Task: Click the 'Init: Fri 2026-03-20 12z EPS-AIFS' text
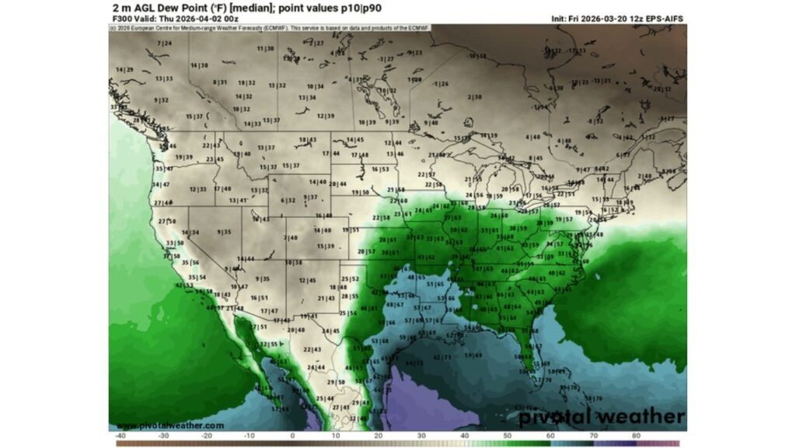618,18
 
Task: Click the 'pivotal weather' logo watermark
602,416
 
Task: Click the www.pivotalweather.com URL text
170,425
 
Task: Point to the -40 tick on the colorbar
120,436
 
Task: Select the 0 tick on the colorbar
292,436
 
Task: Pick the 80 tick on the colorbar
636,436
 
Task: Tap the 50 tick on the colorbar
507,436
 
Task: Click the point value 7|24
164,43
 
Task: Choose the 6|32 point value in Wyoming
287,200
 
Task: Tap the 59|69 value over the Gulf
473,355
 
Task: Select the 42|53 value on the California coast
184,285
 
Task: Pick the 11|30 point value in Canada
265,48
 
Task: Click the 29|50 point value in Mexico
335,382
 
